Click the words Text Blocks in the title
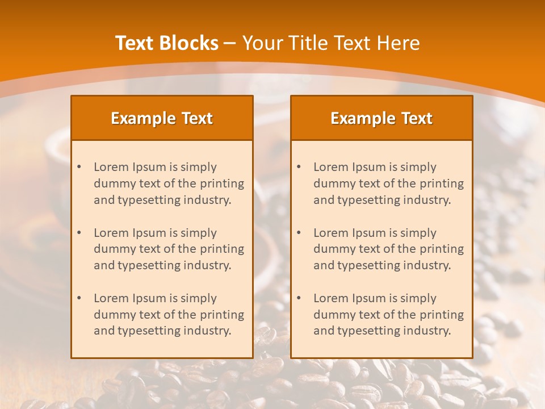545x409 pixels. pos(167,43)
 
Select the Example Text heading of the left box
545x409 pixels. pos(162,118)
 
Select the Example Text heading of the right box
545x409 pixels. pos(381,118)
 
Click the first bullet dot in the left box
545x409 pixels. pos(79,167)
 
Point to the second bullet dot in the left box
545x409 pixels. pos(79,233)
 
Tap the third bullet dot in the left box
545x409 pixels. pos(79,298)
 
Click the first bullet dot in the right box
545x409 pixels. pos(299,167)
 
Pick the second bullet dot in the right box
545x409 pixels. pos(299,233)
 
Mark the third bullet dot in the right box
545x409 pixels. pos(299,298)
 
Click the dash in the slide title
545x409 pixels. pos(230,43)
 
